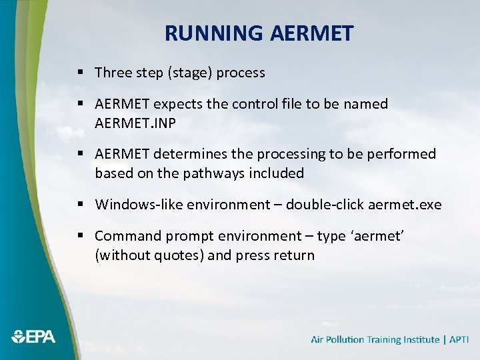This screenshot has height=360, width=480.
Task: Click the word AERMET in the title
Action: click(x=312, y=33)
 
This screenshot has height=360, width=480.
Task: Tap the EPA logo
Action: click(x=33, y=337)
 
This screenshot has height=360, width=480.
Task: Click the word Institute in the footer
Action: click(x=417, y=339)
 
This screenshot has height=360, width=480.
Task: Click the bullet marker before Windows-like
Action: click(x=79, y=205)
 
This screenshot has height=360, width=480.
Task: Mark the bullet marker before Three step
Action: click(x=79, y=73)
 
